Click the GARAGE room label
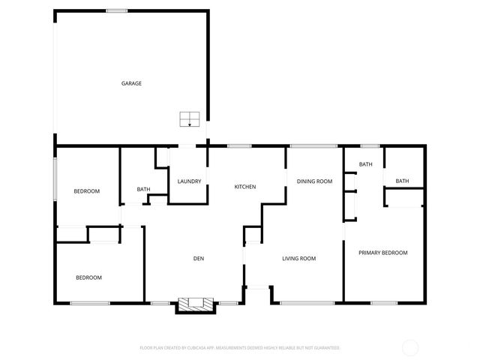131,83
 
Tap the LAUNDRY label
188,181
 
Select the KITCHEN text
245,187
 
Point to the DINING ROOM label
314,181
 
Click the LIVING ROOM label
298,259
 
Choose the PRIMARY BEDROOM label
382,253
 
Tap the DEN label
199,259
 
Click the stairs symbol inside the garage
189,119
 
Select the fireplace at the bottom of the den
196,304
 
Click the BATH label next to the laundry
143,190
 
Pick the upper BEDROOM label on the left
86,191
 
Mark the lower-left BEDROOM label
88,277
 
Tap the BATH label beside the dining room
365,164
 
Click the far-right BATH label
402,181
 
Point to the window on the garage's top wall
115,10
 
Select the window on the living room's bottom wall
307,303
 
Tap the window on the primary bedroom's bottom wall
383,303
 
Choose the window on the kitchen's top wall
239,145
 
